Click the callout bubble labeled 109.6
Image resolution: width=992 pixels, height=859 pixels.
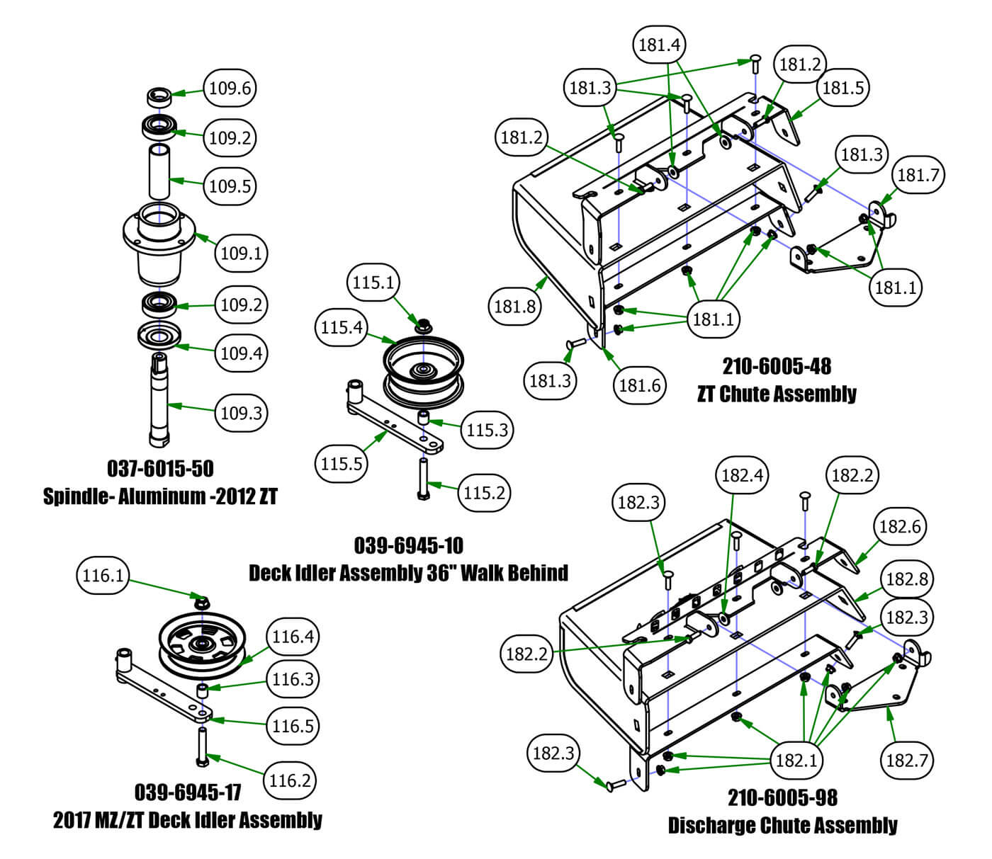click(230, 89)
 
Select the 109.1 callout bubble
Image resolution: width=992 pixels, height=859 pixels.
click(241, 253)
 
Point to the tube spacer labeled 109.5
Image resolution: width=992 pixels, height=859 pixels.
click(159, 171)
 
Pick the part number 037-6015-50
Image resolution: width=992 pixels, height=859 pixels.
click(160, 468)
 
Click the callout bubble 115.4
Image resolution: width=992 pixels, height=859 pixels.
click(341, 327)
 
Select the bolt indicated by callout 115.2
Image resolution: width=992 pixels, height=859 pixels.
click(423, 479)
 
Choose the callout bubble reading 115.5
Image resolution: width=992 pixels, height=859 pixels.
click(341, 464)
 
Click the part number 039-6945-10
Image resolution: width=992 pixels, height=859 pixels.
click(408, 545)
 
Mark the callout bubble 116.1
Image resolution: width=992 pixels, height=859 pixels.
click(103, 576)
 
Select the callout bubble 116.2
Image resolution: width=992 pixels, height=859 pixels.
click(290, 780)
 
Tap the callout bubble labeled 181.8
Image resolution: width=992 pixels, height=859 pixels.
click(514, 307)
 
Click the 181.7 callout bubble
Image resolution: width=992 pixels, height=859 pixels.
click(918, 175)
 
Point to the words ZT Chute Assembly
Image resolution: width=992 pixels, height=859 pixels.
click(777, 394)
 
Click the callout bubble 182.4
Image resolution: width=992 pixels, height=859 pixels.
click(742, 475)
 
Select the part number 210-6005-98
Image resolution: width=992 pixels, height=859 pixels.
click(782, 797)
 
